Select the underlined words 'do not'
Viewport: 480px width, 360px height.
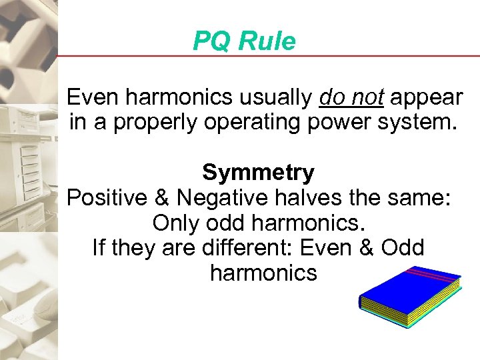pos(351,98)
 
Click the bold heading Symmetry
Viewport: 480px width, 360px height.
pos(258,173)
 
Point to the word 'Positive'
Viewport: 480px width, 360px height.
pos(108,198)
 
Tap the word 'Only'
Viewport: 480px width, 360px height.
pos(175,223)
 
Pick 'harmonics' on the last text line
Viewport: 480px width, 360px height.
pos(263,273)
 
